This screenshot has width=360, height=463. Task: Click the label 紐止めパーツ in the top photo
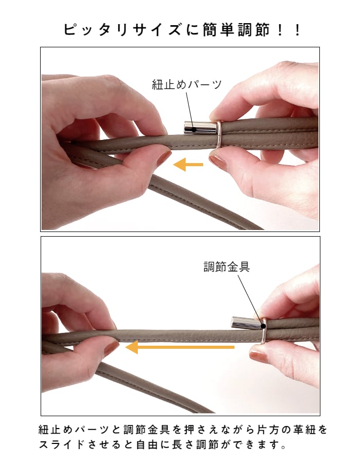[x=187, y=85]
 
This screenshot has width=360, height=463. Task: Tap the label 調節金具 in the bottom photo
[x=227, y=266]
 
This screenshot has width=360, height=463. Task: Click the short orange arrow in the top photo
[x=188, y=165]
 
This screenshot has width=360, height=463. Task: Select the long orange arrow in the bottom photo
[x=179, y=347]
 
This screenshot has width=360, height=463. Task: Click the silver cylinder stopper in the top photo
[x=201, y=128]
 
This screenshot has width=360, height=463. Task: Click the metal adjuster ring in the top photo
[x=219, y=134]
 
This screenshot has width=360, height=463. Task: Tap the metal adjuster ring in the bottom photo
[x=263, y=330]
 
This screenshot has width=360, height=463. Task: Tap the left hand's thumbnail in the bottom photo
[x=112, y=348]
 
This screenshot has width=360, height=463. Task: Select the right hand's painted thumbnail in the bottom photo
[x=259, y=357]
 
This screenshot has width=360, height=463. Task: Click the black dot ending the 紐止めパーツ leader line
[x=194, y=129]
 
